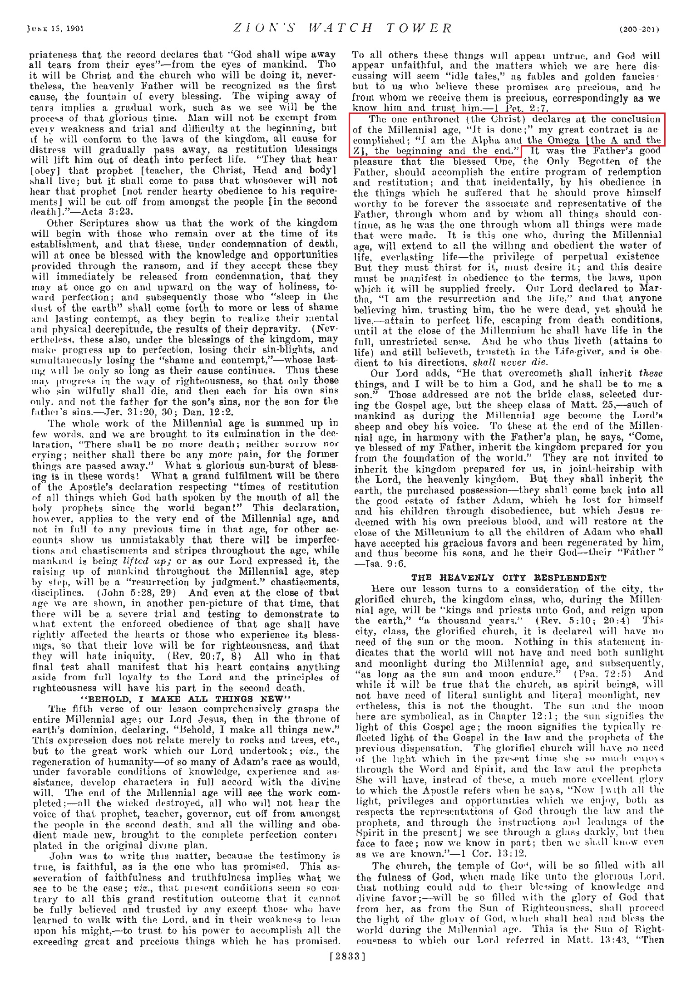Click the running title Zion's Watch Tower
click(343, 29)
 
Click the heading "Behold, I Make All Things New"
click(184, 699)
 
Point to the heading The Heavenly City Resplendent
click(508, 578)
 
